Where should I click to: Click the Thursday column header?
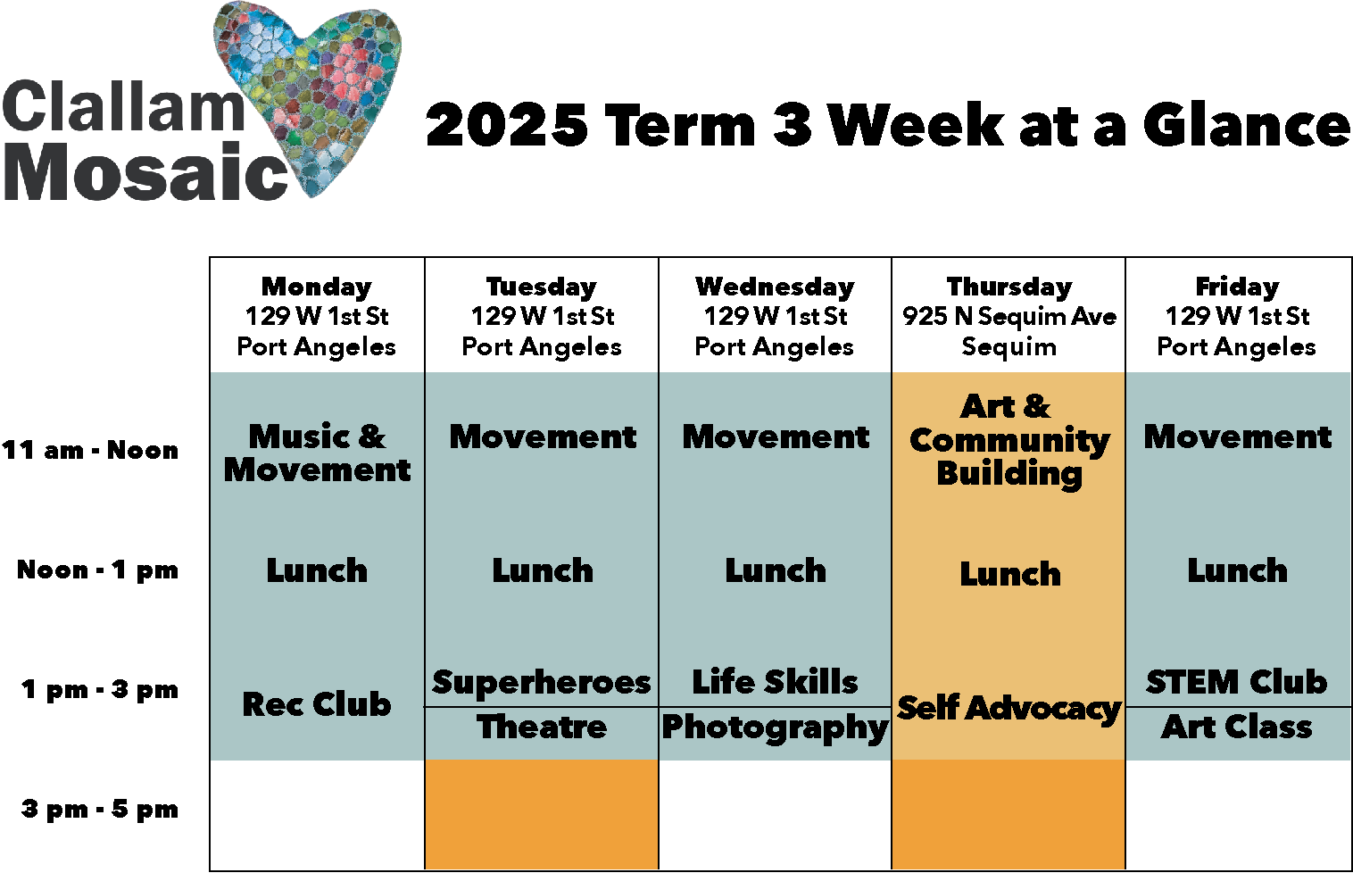[x=1009, y=287]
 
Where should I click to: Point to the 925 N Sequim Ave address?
[x=1009, y=316]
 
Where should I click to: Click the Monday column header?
[x=317, y=287]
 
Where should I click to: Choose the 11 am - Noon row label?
[x=90, y=450]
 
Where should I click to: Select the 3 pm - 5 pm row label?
[x=100, y=810]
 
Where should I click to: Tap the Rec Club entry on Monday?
[x=317, y=704]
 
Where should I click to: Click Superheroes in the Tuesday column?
[x=542, y=683]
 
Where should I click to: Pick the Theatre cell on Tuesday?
[x=542, y=727]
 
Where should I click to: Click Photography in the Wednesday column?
[x=775, y=727]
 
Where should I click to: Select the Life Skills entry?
[x=775, y=682]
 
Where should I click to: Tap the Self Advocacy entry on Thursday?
[x=1009, y=708]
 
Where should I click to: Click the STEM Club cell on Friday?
[x=1237, y=683]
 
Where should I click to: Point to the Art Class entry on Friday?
[x=1237, y=727]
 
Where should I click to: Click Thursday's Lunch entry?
[x=1010, y=574]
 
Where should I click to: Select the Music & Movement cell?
[x=317, y=453]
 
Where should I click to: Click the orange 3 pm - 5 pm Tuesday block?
[x=542, y=814]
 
